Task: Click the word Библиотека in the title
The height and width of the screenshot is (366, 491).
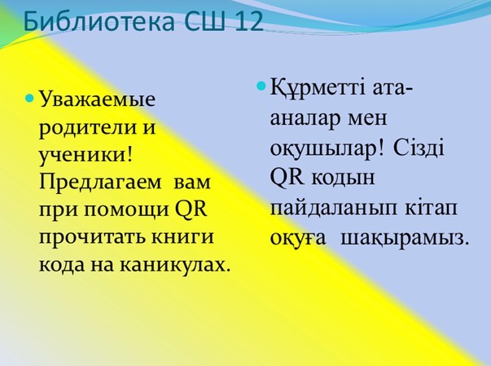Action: (99, 21)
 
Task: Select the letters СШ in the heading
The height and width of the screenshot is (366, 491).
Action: (204, 21)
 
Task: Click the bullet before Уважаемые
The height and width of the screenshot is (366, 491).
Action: (29, 99)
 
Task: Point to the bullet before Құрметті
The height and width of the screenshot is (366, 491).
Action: (261, 86)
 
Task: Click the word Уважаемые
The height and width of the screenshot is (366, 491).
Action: (97, 100)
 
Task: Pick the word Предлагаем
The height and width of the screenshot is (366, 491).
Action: (100, 182)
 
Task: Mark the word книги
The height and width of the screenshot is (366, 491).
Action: (182, 237)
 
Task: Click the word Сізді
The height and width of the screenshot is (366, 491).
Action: (419, 147)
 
